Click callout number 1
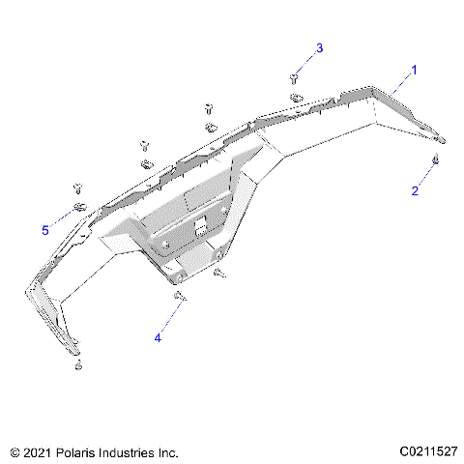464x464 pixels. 415,71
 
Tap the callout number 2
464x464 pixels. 415,191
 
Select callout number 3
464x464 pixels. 320,48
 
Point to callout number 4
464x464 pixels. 158,337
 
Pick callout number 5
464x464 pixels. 44,230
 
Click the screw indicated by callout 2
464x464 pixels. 437,159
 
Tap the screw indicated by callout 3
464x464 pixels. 293,77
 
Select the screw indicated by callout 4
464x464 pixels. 180,298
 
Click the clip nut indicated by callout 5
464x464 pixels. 80,208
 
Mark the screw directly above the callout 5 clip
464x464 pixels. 76,188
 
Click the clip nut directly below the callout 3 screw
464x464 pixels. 296,97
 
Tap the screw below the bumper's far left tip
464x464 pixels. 77,364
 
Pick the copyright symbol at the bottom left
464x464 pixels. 14,451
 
